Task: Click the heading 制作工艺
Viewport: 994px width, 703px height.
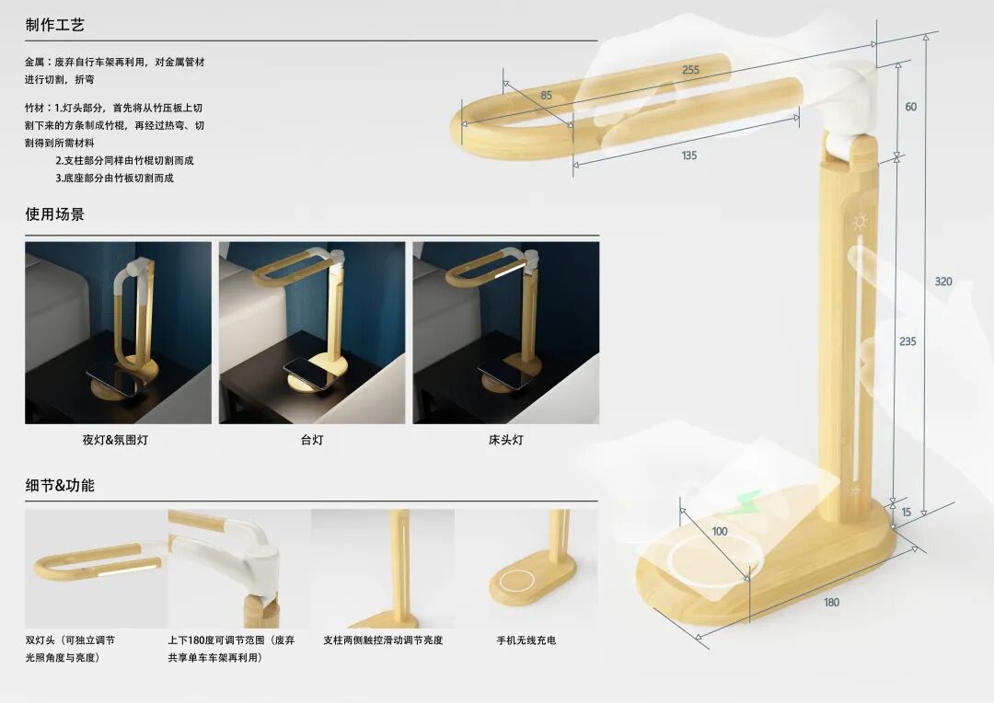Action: click(54, 25)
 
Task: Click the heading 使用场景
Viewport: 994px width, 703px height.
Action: click(54, 214)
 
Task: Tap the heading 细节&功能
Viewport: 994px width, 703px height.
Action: click(60, 486)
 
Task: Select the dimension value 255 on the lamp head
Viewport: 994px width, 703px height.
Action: click(690, 70)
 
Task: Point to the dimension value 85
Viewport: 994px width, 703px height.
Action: click(547, 96)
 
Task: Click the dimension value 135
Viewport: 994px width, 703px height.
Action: click(689, 156)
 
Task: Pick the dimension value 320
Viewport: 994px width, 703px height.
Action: click(943, 282)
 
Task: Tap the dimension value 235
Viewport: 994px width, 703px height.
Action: click(907, 341)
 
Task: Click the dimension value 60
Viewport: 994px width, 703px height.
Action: click(911, 107)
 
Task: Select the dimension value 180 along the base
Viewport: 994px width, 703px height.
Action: click(831, 602)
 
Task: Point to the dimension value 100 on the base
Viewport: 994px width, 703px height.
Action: click(720, 531)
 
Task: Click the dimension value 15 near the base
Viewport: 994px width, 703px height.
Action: click(907, 513)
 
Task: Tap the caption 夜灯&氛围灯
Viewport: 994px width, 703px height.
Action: click(115, 440)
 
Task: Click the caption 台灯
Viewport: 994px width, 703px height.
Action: click(312, 440)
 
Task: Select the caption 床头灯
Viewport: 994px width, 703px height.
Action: click(506, 440)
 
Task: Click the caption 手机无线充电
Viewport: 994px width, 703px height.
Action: click(526, 640)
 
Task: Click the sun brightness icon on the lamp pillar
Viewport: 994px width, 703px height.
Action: click(861, 221)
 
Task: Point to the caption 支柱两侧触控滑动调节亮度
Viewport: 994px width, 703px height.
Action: click(383, 640)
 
